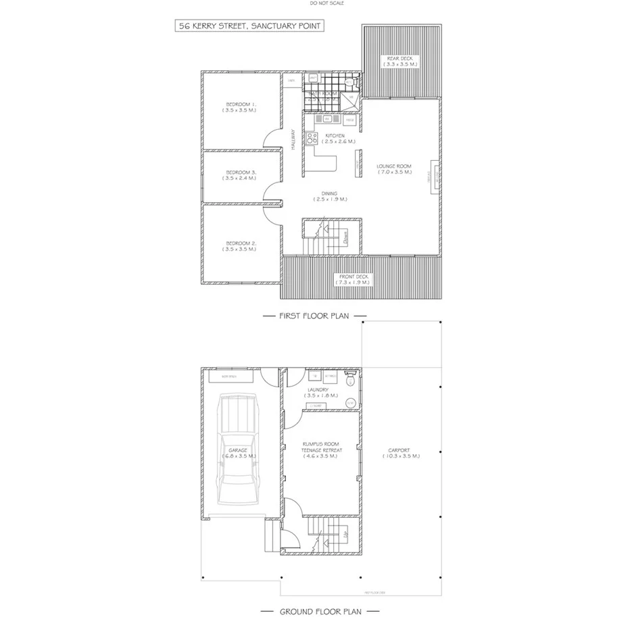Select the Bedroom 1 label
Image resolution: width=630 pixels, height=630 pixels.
pos(241,107)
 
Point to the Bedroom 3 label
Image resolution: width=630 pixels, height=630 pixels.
pos(241,176)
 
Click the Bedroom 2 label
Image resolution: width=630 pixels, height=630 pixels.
pos(241,246)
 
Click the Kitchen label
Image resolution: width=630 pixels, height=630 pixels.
pos(335,139)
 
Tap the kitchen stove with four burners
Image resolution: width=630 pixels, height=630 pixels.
pos(312,139)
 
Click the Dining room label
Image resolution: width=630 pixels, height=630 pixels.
pos(330,197)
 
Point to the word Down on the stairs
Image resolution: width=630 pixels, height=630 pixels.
pos(345,237)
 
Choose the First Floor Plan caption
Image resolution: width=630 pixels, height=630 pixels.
pos(314,316)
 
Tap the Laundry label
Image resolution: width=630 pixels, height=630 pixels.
pos(317,392)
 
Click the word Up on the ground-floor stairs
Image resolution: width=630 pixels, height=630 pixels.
pos(346,534)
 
